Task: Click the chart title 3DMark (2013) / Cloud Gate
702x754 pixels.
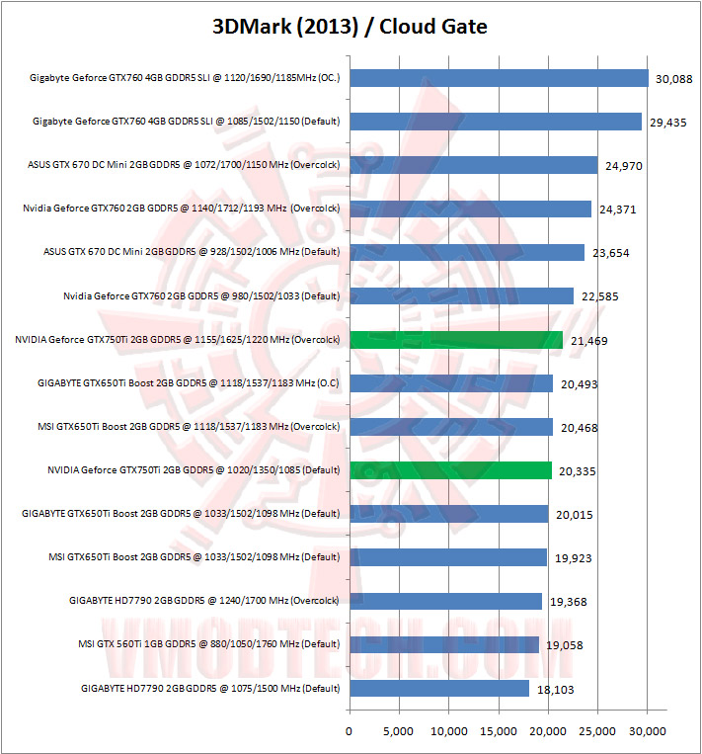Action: [351, 27]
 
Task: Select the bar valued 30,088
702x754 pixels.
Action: [499, 78]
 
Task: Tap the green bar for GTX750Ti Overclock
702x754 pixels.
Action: [456, 339]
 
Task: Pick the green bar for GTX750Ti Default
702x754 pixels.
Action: [450, 470]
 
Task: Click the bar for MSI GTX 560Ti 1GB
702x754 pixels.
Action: [444, 644]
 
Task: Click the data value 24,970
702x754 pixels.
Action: [622, 166]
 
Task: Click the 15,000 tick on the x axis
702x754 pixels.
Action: [499, 730]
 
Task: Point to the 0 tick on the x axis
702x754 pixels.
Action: [350, 730]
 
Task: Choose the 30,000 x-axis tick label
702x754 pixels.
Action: [648, 730]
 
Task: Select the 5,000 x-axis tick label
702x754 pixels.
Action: [399, 730]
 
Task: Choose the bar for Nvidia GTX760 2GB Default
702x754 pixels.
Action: [461, 295]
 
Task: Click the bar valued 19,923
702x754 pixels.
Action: [448, 557]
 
